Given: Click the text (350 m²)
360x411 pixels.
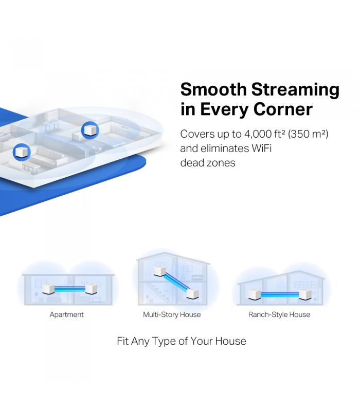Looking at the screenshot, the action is click(x=308, y=134).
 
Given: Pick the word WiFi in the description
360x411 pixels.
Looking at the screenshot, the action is click(x=261, y=148).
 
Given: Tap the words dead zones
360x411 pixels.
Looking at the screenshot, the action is click(x=208, y=163).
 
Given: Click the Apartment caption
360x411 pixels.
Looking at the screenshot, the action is click(x=67, y=314).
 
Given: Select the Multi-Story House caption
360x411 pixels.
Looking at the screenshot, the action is click(x=172, y=314).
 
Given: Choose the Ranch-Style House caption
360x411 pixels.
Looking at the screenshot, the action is click(x=279, y=314).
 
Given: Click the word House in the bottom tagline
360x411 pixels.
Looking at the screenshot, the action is click(x=230, y=341).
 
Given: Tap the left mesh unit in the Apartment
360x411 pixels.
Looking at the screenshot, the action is click(x=48, y=289).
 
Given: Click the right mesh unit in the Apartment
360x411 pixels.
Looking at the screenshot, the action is click(x=92, y=289).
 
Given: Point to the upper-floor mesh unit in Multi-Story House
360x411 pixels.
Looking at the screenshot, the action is click(x=159, y=271).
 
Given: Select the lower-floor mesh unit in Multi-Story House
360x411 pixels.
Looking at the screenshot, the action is click(x=192, y=293).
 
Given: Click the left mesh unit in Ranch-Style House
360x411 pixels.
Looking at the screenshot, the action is click(x=255, y=294).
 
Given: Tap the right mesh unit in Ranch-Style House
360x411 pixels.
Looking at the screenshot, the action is click(x=305, y=294).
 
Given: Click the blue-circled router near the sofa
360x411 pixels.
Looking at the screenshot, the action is click(x=22, y=152).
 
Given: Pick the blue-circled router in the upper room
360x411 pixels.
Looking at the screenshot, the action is click(x=90, y=130).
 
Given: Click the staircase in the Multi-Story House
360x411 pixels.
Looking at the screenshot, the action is click(x=157, y=293).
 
